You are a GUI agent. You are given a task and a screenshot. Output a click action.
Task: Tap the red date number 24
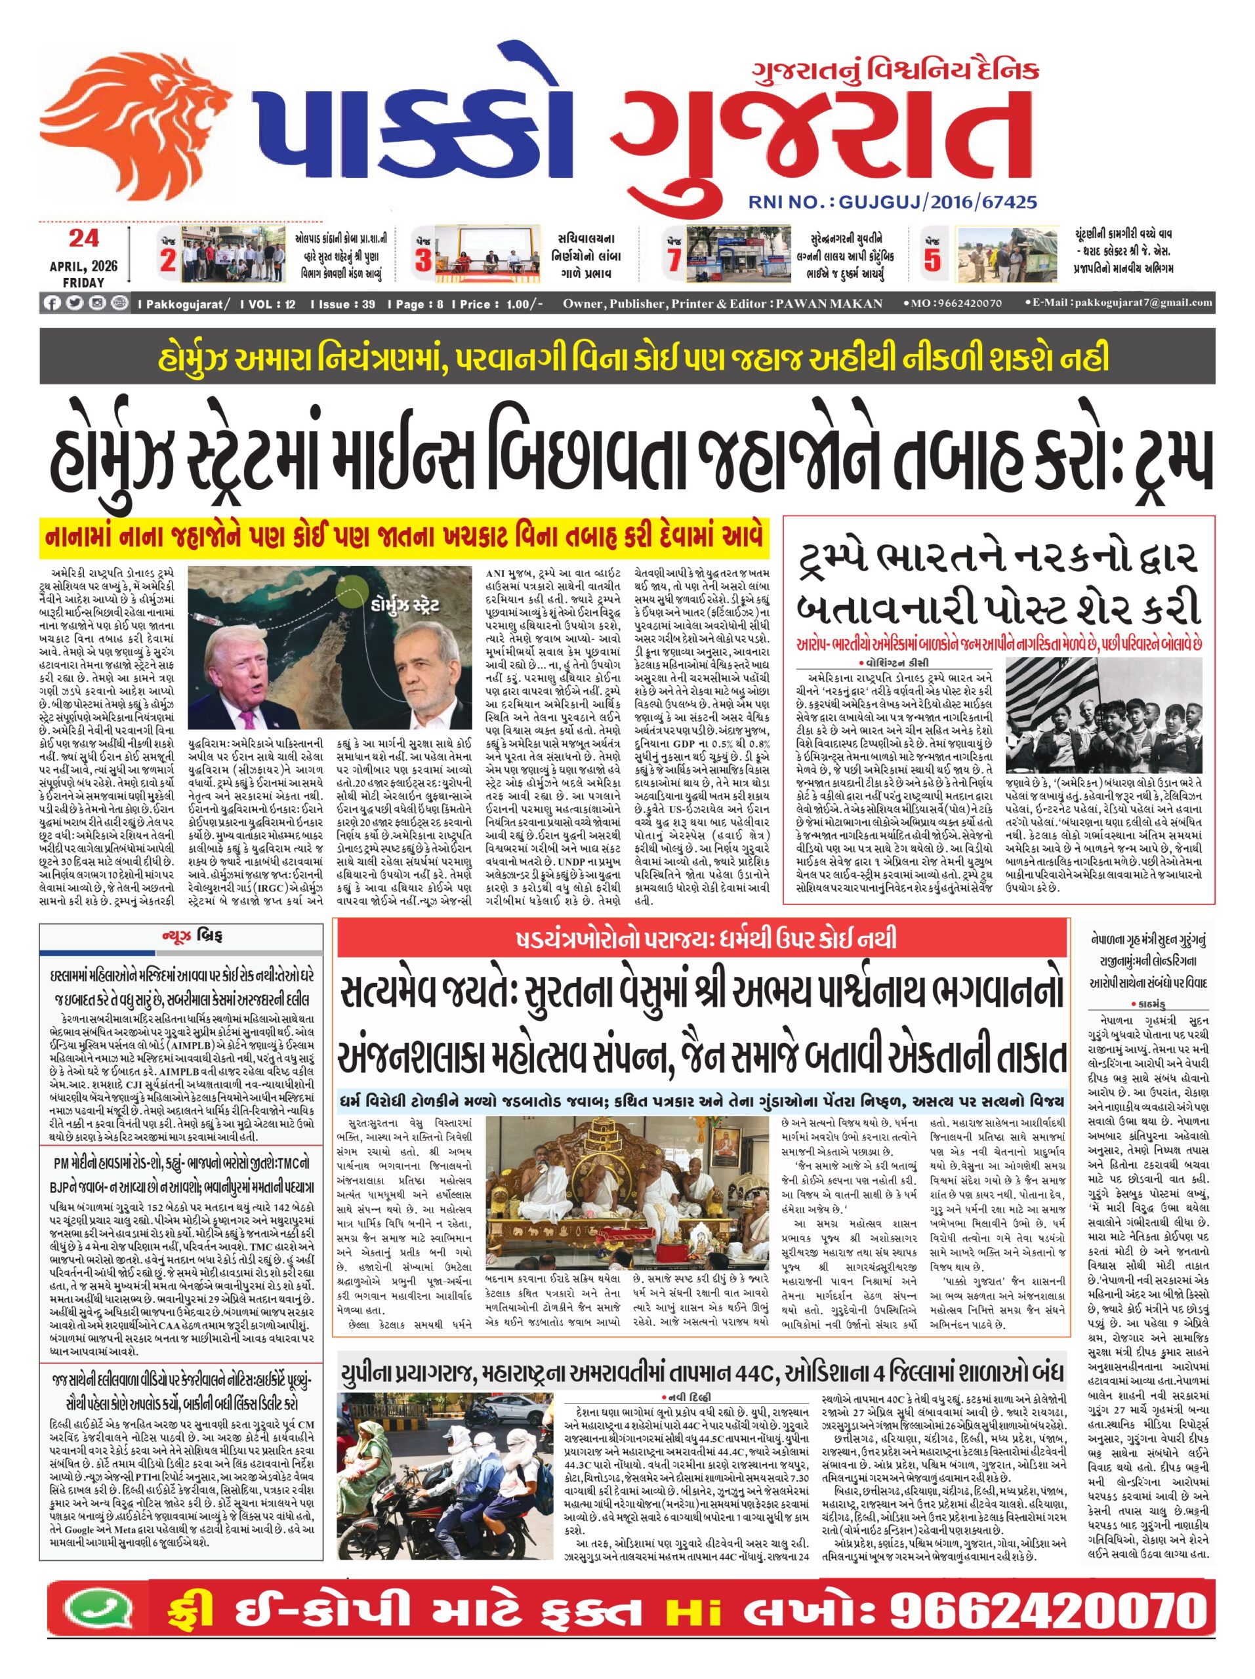[x=83, y=238]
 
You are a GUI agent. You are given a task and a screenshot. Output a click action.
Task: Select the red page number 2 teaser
[x=168, y=260]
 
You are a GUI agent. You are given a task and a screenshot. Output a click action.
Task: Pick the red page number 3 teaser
[x=423, y=260]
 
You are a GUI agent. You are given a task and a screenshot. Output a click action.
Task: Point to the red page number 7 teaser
[x=674, y=260]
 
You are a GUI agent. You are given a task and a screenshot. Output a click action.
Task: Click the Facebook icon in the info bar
[x=52, y=304]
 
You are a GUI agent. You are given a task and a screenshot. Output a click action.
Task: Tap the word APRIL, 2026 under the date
[x=83, y=266]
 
